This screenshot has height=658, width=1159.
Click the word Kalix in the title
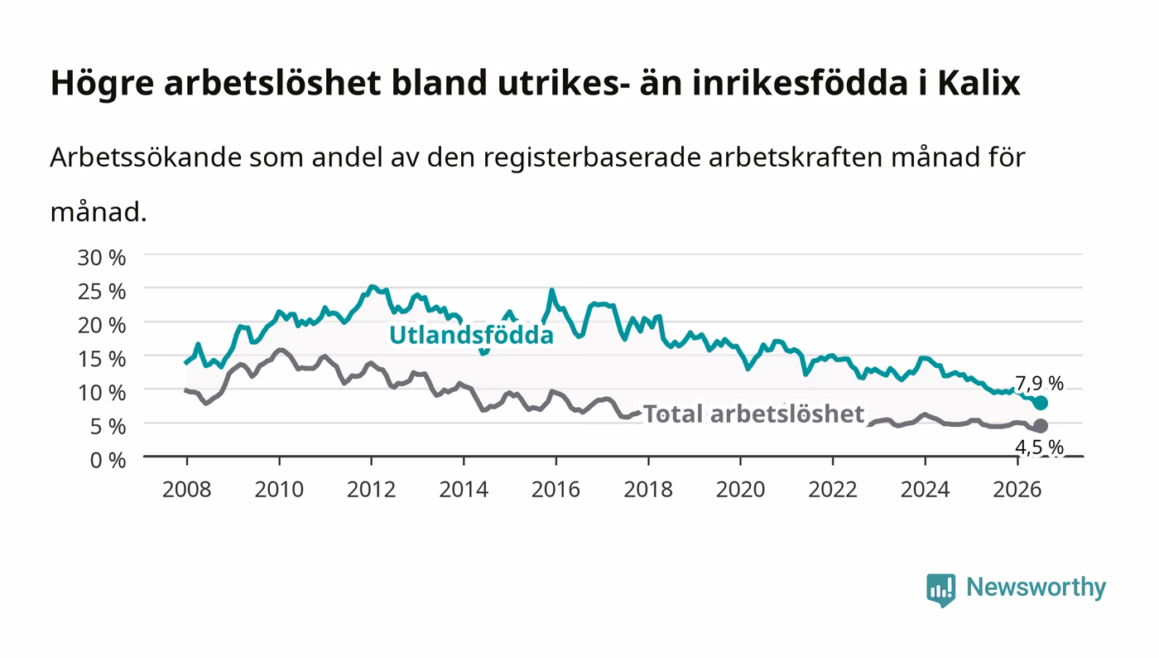[979, 83]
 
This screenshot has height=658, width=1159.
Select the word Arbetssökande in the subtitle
[146, 157]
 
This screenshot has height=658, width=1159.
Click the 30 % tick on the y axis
[102, 258]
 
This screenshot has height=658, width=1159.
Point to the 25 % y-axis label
[102, 292]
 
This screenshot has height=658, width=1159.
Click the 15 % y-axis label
[102, 359]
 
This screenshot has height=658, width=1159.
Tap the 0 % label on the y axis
[108, 460]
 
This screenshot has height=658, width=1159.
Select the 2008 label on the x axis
[187, 490]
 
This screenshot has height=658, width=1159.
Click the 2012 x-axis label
[372, 490]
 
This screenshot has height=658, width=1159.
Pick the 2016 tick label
[555, 490]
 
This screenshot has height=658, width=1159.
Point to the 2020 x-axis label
[740, 490]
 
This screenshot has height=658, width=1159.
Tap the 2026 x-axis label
[1017, 490]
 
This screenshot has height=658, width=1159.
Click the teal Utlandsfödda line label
[471, 336]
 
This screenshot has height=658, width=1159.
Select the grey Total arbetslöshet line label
[754, 414]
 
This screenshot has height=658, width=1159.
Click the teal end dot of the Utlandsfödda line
[1041, 403]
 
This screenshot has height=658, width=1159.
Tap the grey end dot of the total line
[1041, 426]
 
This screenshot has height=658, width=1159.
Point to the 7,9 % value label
[1040, 384]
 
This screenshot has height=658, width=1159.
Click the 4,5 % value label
[1040, 447]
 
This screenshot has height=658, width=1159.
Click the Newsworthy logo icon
[941, 590]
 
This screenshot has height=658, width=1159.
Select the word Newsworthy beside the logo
[1036, 588]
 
